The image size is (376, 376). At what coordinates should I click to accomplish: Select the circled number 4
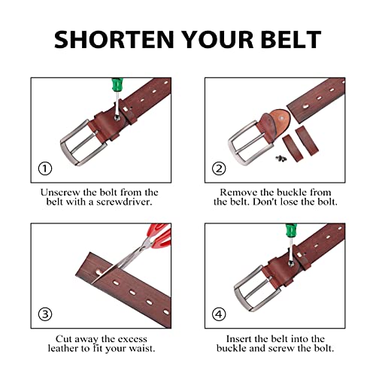[x=220, y=313]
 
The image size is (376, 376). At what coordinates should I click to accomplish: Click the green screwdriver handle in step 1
[x=117, y=89]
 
